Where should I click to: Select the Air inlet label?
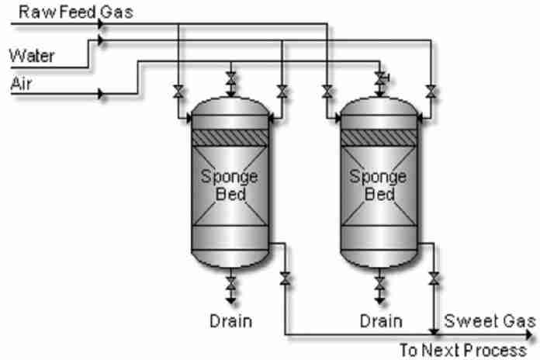[x=20, y=83]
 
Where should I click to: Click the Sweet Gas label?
[x=489, y=321]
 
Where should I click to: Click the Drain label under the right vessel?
[x=380, y=320]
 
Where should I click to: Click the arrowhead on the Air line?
[x=102, y=94]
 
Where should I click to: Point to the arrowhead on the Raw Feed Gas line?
[x=102, y=23]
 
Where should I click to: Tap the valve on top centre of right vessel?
[x=380, y=78]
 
